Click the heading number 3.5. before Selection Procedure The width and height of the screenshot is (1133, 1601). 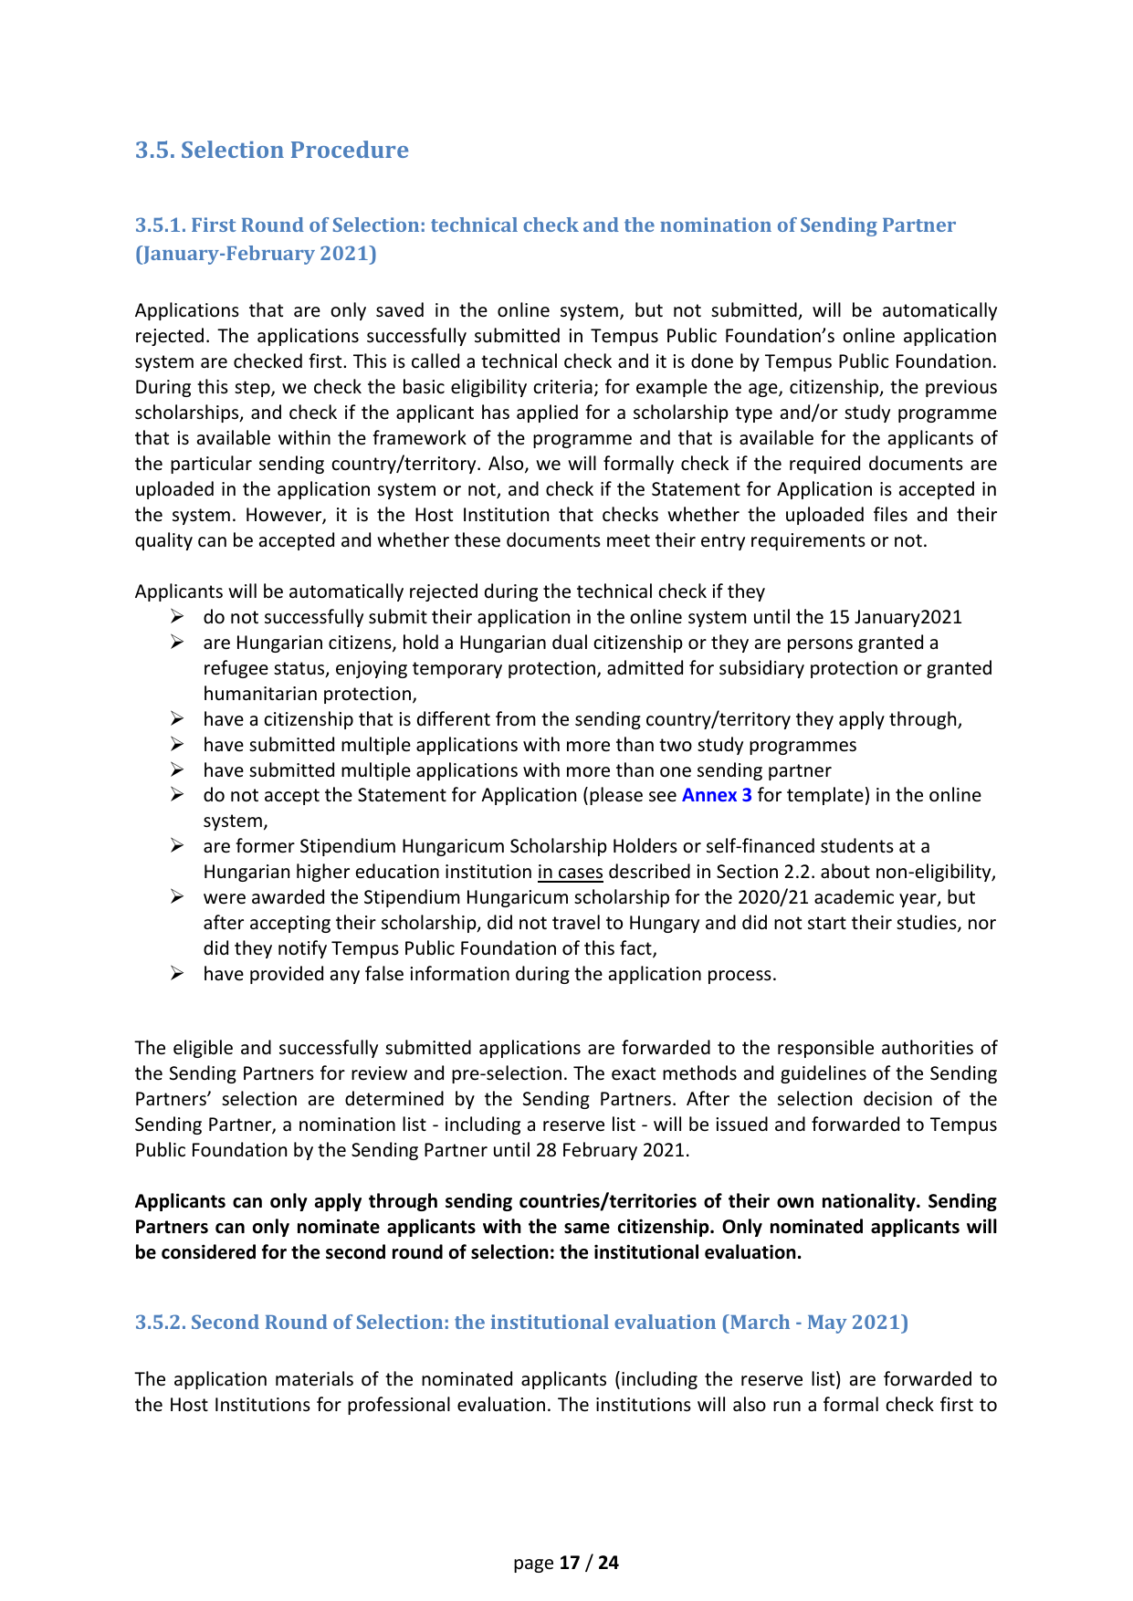155,150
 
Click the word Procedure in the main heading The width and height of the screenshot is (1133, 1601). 354,150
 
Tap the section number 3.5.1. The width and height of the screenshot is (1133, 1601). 160,225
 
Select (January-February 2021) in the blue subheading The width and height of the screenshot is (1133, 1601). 256,254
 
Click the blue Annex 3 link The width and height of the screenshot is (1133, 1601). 717,795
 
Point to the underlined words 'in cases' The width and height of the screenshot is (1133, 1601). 570,872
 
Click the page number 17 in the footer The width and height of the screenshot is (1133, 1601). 570,1563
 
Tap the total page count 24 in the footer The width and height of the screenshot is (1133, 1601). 608,1563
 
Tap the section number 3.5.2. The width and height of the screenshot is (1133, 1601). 160,1323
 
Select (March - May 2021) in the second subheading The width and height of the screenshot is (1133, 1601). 814,1323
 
